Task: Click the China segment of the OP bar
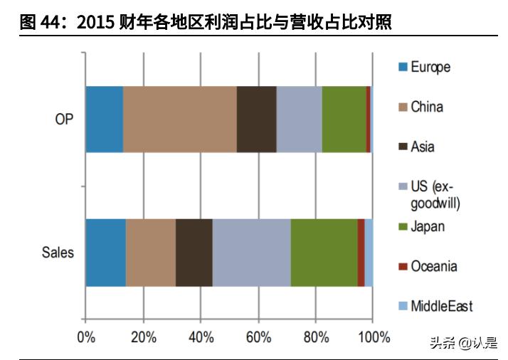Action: (179, 119)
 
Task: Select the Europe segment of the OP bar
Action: (104, 119)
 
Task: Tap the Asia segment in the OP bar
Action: (256, 119)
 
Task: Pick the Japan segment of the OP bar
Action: (344, 119)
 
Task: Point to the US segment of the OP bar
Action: (299, 119)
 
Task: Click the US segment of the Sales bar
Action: (251, 253)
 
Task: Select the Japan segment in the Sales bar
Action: (324, 253)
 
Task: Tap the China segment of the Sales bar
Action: (150, 253)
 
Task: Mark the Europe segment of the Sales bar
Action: (105, 253)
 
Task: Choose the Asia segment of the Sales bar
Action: (194, 253)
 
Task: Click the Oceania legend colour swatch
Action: (403, 267)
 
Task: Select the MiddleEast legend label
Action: (441, 307)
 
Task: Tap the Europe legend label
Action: (430, 68)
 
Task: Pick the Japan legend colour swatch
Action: (403, 227)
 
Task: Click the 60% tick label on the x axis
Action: (258, 337)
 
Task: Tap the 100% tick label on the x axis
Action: (373, 337)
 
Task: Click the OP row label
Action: (64, 119)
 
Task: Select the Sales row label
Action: (58, 253)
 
